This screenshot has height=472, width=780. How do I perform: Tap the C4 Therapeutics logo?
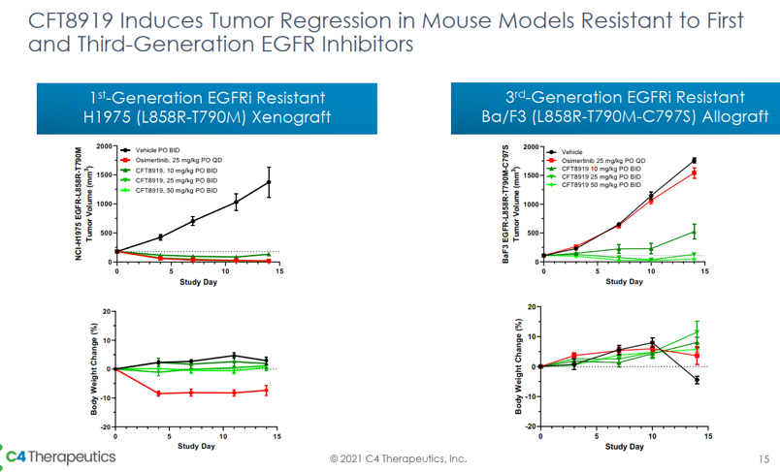(x=60, y=456)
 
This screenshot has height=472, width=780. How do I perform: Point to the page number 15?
(x=762, y=457)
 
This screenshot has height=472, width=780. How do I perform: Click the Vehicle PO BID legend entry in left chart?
(x=161, y=150)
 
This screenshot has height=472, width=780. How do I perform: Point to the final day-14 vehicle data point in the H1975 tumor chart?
(x=269, y=181)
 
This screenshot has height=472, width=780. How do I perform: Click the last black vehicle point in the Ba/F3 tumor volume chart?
(x=695, y=160)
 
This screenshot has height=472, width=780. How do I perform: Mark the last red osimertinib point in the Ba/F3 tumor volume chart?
(x=695, y=173)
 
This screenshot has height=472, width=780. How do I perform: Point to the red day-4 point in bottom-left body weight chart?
(x=159, y=393)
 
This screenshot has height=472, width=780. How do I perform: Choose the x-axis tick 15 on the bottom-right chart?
(x=705, y=437)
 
